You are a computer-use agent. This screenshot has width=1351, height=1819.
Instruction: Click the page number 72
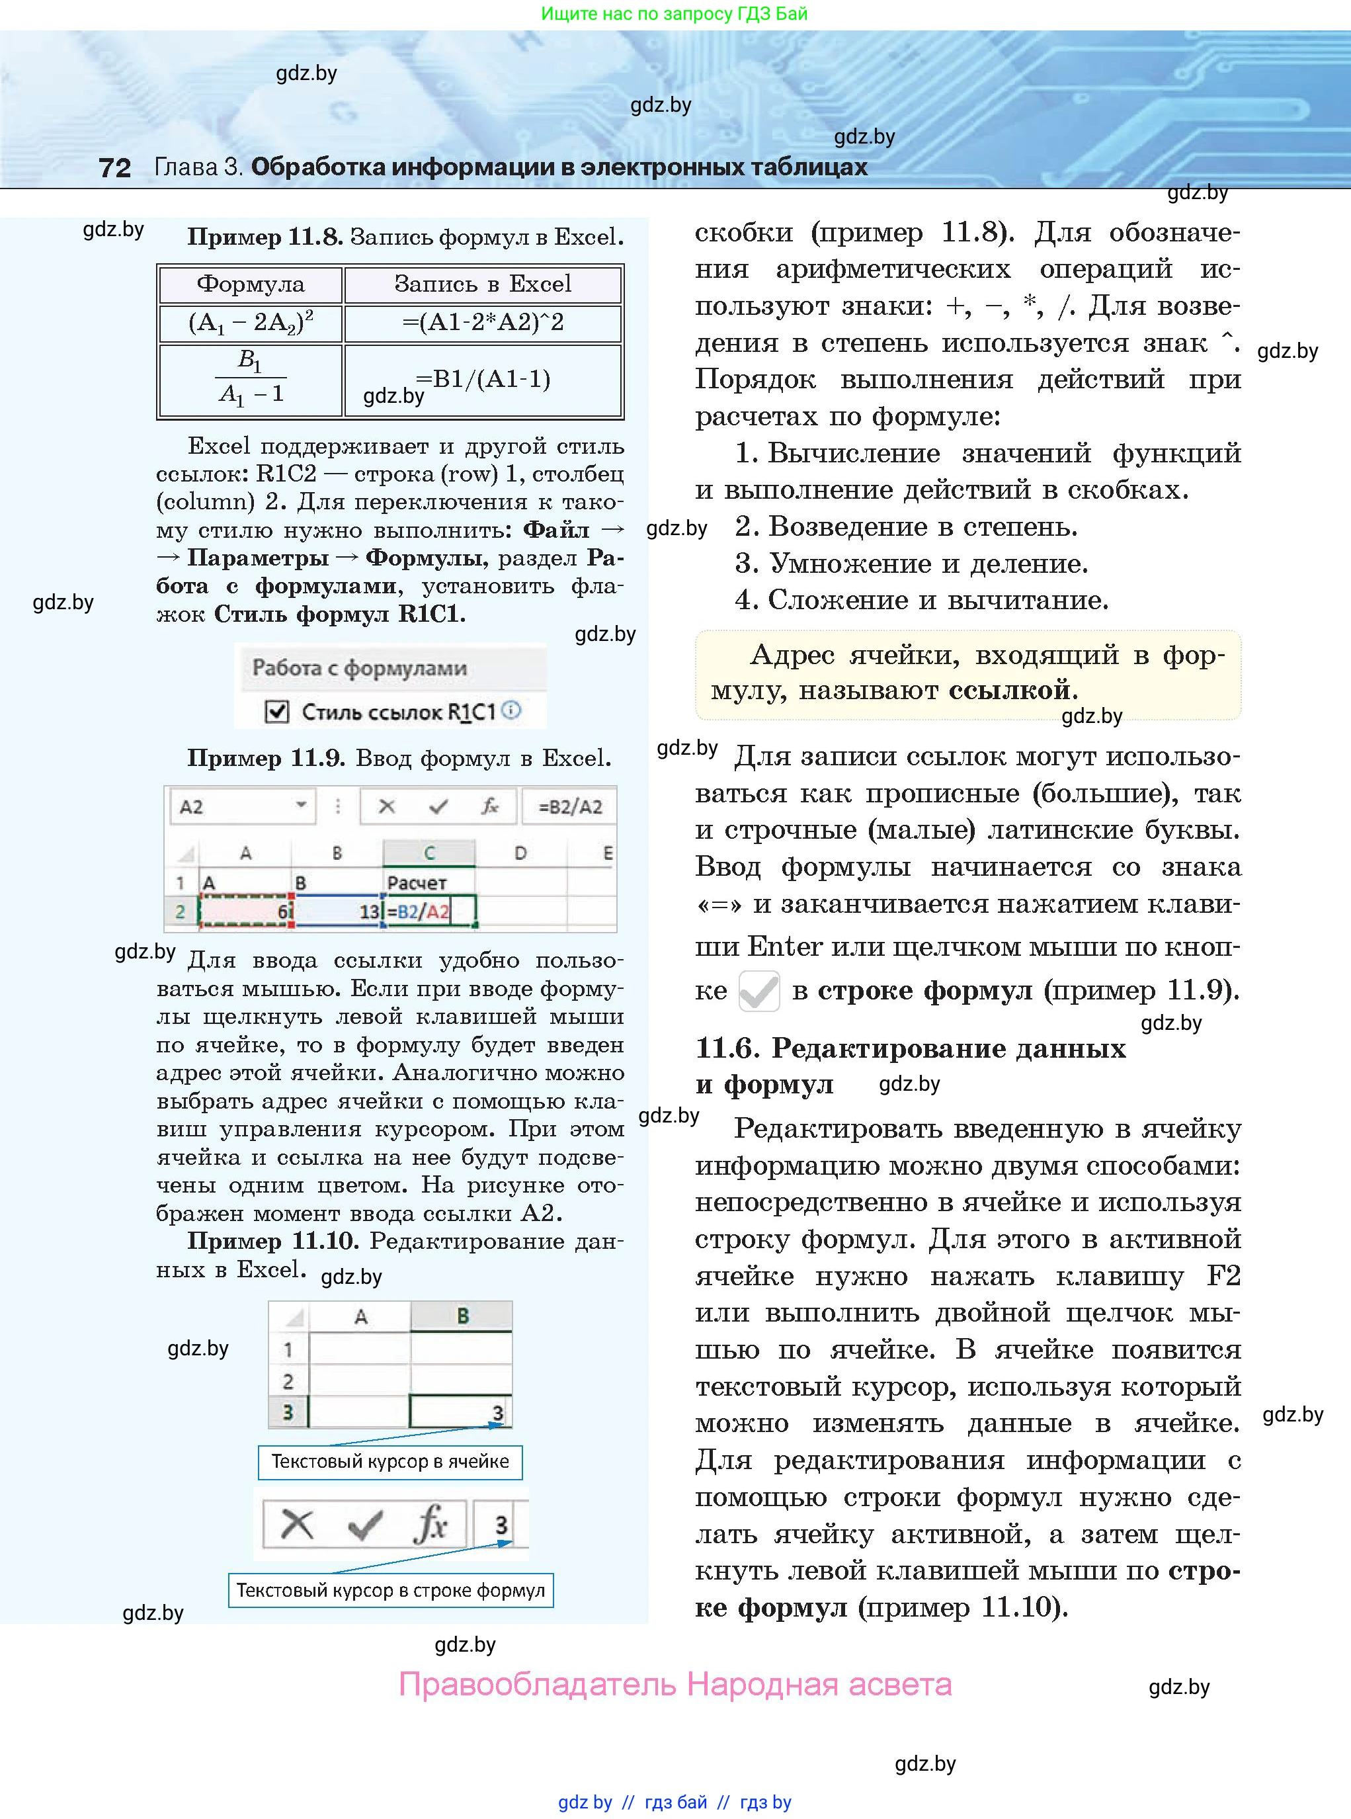tap(114, 167)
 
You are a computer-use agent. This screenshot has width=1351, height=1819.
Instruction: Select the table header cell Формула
tap(250, 284)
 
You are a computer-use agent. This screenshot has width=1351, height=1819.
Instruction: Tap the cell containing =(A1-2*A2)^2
tap(483, 322)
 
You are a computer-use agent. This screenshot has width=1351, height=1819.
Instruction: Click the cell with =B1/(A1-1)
tap(483, 380)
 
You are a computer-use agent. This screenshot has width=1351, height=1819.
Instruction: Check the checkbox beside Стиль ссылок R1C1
tap(277, 712)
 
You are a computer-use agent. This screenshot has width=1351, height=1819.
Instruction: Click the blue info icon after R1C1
tap(511, 710)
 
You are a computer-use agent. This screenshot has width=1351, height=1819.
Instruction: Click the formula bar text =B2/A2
tap(570, 807)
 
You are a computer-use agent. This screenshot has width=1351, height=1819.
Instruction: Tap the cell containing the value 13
tap(337, 911)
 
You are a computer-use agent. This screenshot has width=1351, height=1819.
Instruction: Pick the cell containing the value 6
tap(245, 911)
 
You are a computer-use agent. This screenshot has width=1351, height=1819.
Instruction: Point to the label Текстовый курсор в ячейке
tap(390, 1462)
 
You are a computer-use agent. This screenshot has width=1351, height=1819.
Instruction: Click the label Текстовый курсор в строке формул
tap(390, 1590)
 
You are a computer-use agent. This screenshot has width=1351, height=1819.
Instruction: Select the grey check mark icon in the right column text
tap(759, 992)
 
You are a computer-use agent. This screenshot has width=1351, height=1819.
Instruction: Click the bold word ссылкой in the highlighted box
tap(1009, 691)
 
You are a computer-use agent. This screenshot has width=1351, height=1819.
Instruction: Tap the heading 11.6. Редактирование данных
tap(910, 1048)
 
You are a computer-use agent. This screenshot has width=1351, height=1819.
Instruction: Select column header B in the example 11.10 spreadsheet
tap(462, 1316)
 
